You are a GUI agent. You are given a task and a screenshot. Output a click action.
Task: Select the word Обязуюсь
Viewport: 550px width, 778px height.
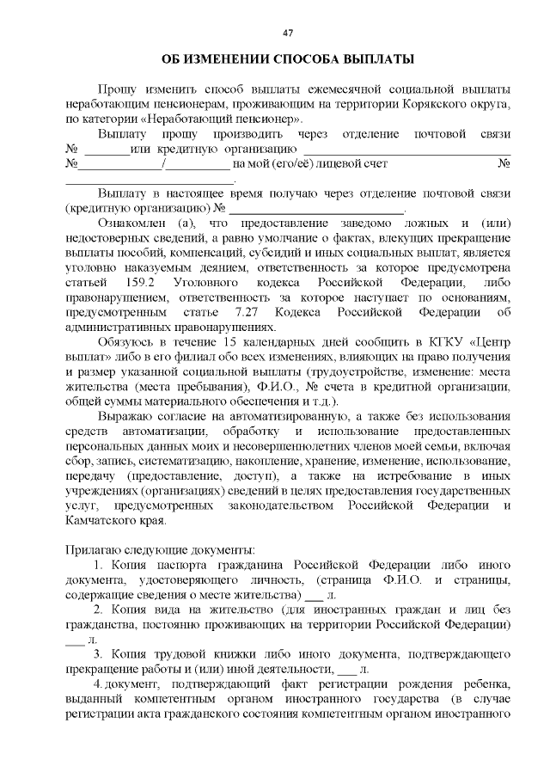click(x=125, y=342)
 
